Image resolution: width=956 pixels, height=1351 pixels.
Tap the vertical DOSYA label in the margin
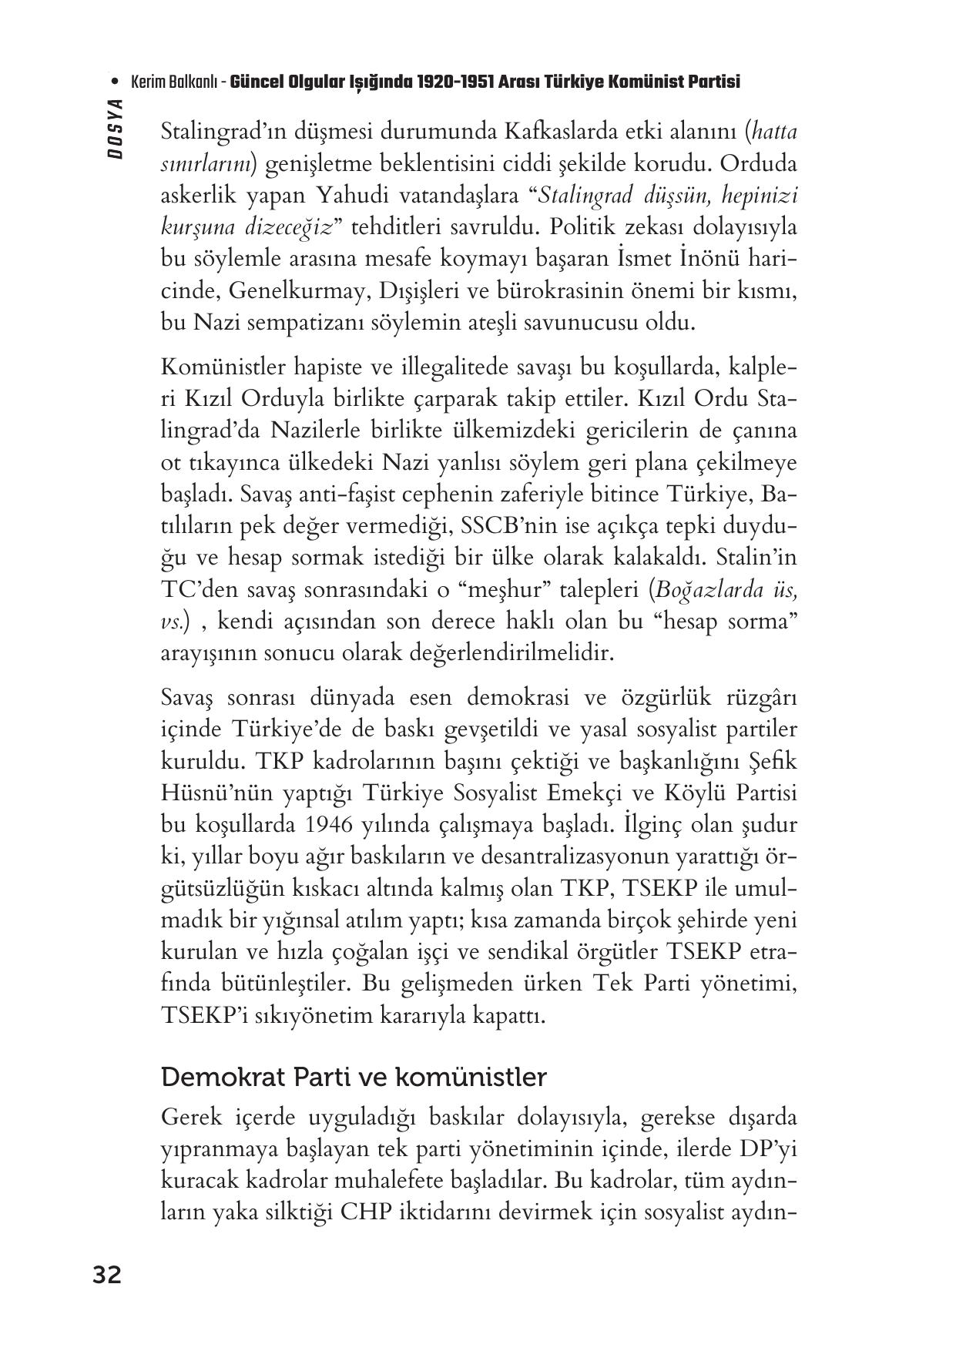116,129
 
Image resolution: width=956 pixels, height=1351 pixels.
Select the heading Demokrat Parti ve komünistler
354,1076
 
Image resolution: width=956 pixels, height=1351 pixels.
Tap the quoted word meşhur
540,590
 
